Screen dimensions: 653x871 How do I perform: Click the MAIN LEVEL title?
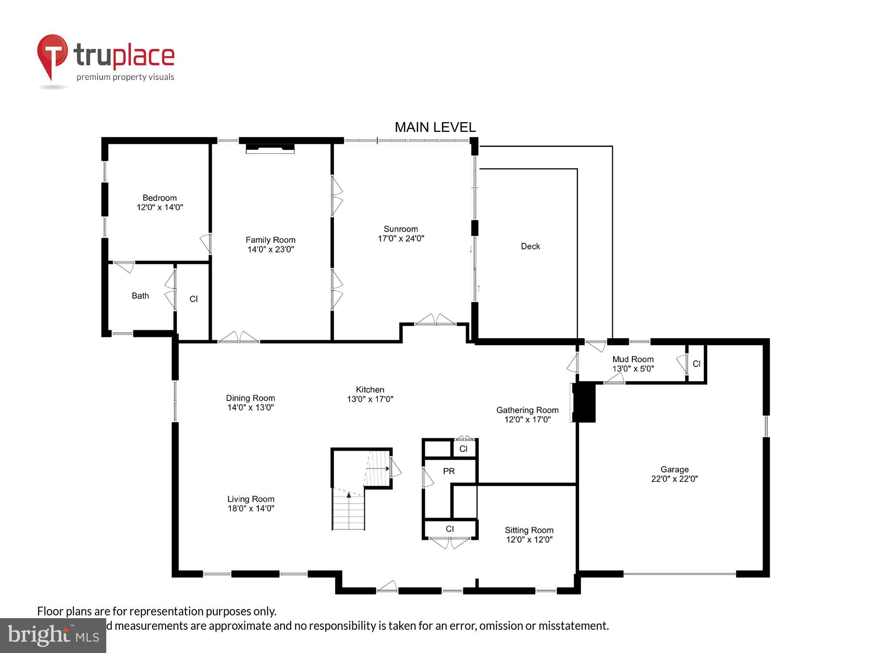click(x=435, y=127)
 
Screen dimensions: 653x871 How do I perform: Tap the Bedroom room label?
click(x=159, y=198)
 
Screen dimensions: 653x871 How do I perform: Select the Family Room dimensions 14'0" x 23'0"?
click(x=270, y=249)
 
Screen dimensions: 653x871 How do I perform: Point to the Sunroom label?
click(x=401, y=229)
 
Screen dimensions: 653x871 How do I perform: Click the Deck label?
click(x=530, y=246)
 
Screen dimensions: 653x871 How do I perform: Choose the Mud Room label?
click(x=633, y=359)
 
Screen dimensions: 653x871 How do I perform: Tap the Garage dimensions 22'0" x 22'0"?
click(x=674, y=479)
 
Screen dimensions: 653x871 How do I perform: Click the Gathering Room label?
click(x=527, y=410)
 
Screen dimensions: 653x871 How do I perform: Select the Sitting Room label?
click(x=529, y=530)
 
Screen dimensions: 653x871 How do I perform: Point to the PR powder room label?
click(x=449, y=471)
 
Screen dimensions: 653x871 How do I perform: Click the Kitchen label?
click(x=370, y=390)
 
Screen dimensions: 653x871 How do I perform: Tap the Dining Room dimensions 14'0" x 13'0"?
click(x=250, y=407)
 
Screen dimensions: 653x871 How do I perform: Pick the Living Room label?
click(x=250, y=499)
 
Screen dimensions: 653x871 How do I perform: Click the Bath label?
click(x=140, y=296)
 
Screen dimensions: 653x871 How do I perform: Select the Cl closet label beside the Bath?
click(x=193, y=299)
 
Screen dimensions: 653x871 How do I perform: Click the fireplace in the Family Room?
click(x=270, y=149)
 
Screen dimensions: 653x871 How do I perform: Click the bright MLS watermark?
click(x=53, y=636)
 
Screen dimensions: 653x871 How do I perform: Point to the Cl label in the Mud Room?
click(x=696, y=364)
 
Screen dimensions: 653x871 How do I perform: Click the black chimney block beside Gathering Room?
click(x=584, y=402)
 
